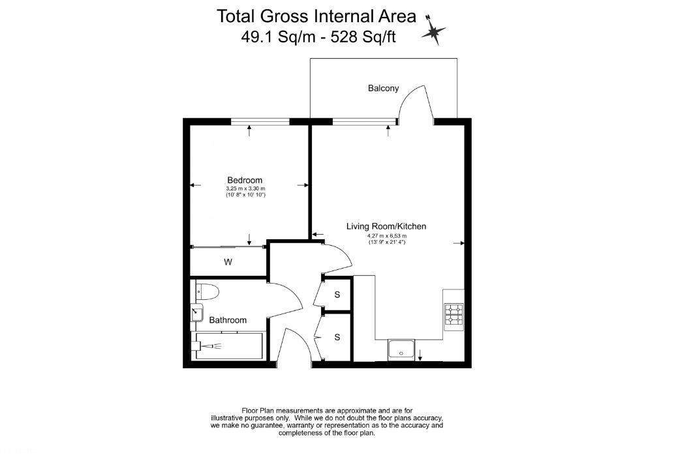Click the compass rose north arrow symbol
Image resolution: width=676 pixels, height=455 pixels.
pos(433,29)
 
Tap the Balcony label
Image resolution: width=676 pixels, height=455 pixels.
pos(383,89)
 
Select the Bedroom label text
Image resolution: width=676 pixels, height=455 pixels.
pos(245,181)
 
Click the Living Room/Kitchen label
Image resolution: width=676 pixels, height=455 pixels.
pos(386,226)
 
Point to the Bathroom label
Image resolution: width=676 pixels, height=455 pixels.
pos(228,320)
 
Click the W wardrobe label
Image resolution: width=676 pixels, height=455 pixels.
pos(228,262)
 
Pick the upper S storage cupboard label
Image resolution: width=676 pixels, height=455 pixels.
pos(337,295)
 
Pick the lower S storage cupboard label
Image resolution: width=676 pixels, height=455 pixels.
pos(337,337)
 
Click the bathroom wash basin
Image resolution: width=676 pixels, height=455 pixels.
pos(196,314)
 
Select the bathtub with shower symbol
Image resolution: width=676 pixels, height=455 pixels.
pos(228,345)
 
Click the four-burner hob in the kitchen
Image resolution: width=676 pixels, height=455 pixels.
pos(453,315)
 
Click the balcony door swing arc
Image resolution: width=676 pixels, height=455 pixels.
pos(416,104)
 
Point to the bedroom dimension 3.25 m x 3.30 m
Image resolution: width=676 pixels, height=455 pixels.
pos(245,188)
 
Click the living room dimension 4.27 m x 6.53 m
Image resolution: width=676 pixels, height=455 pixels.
pos(386,236)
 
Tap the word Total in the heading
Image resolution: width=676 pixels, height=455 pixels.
pos(240,15)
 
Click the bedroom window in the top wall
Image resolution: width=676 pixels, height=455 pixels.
pos(251,121)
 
